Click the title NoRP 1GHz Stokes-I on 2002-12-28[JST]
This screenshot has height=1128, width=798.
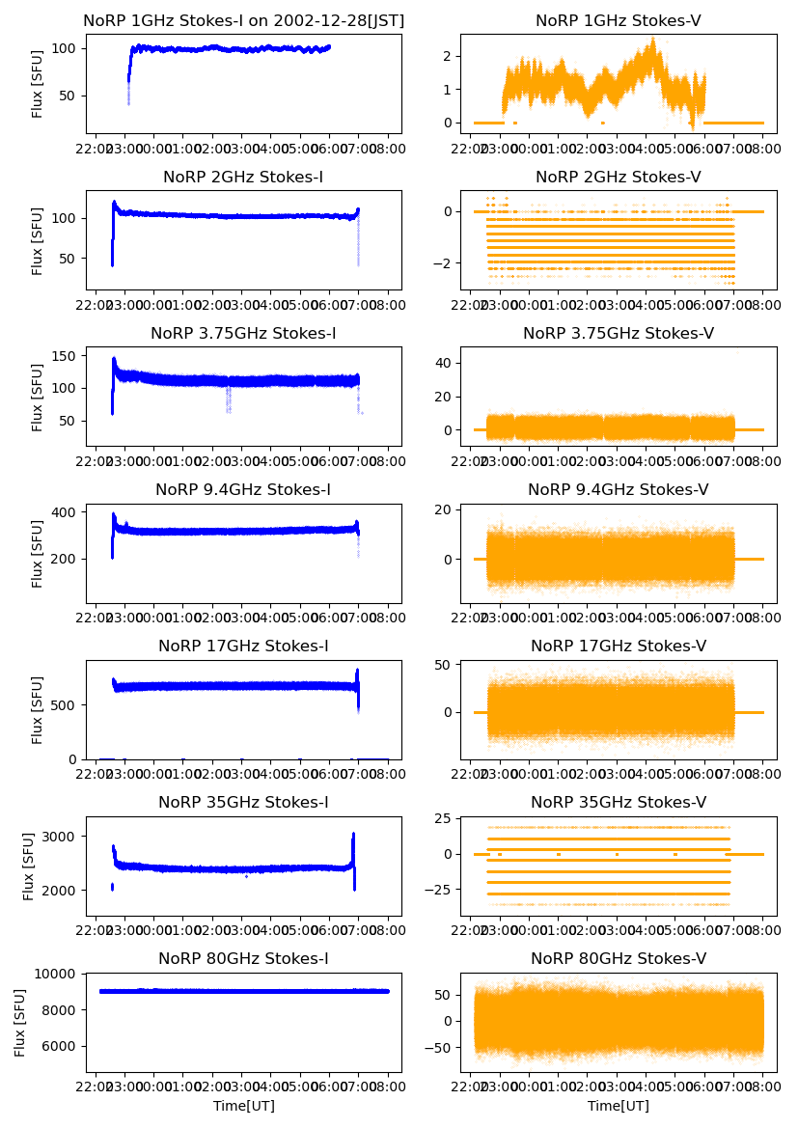(x=243, y=20)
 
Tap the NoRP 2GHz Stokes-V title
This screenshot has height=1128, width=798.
(x=619, y=177)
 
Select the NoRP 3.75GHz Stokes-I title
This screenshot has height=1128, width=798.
(x=243, y=333)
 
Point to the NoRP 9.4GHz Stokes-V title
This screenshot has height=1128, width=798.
(x=619, y=489)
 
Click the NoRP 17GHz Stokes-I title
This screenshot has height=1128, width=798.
(x=243, y=646)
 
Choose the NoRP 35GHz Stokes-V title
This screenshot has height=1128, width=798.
(x=619, y=802)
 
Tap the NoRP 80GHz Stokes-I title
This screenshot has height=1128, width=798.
(x=243, y=958)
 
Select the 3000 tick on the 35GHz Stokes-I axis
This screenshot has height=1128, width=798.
(x=66, y=836)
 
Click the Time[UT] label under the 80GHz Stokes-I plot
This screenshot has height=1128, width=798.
(x=243, y=1106)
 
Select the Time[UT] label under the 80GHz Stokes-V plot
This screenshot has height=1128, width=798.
(x=619, y=1106)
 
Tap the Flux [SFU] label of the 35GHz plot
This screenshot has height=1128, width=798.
(x=29, y=866)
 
